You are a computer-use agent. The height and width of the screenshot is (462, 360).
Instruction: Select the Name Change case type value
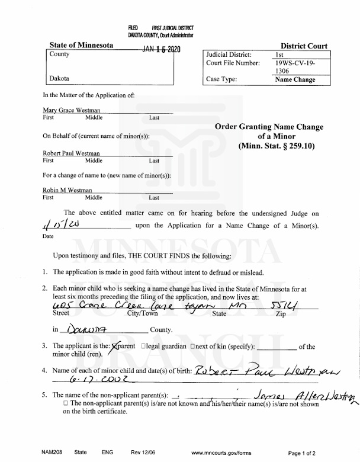tap(295, 79)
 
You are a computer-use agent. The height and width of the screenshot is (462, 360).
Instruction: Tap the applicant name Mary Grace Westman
tap(72, 110)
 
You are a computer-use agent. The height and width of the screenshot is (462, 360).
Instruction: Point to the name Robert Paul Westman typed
tap(72, 153)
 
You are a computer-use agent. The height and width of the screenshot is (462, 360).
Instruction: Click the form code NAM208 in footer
tap(52, 452)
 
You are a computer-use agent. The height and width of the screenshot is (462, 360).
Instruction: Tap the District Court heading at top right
tap(304, 46)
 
